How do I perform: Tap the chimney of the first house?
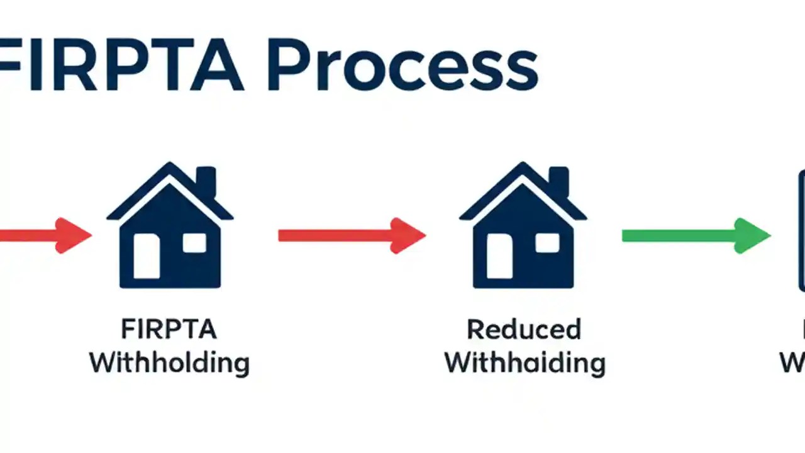pyautogui.click(x=206, y=181)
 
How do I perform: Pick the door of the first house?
pyautogui.click(x=147, y=255)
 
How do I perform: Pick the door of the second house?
pyautogui.click(x=499, y=255)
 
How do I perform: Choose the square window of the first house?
pyautogui.click(x=194, y=243)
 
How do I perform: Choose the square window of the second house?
pyautogui.click(x=547, y=243)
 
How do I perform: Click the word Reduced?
pyautogui.click(x=524, y=330)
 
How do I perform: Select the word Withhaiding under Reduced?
pyautogui.click(x=525, y=363)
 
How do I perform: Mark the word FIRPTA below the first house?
pyautogui.click(x=169, y=330)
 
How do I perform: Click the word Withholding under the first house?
pyautogui.click(x=169, y=363)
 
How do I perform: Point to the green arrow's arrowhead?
pyautogui.click(x=753, y=235)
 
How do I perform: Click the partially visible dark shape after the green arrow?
pyautogui.click(x=801, y=230)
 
